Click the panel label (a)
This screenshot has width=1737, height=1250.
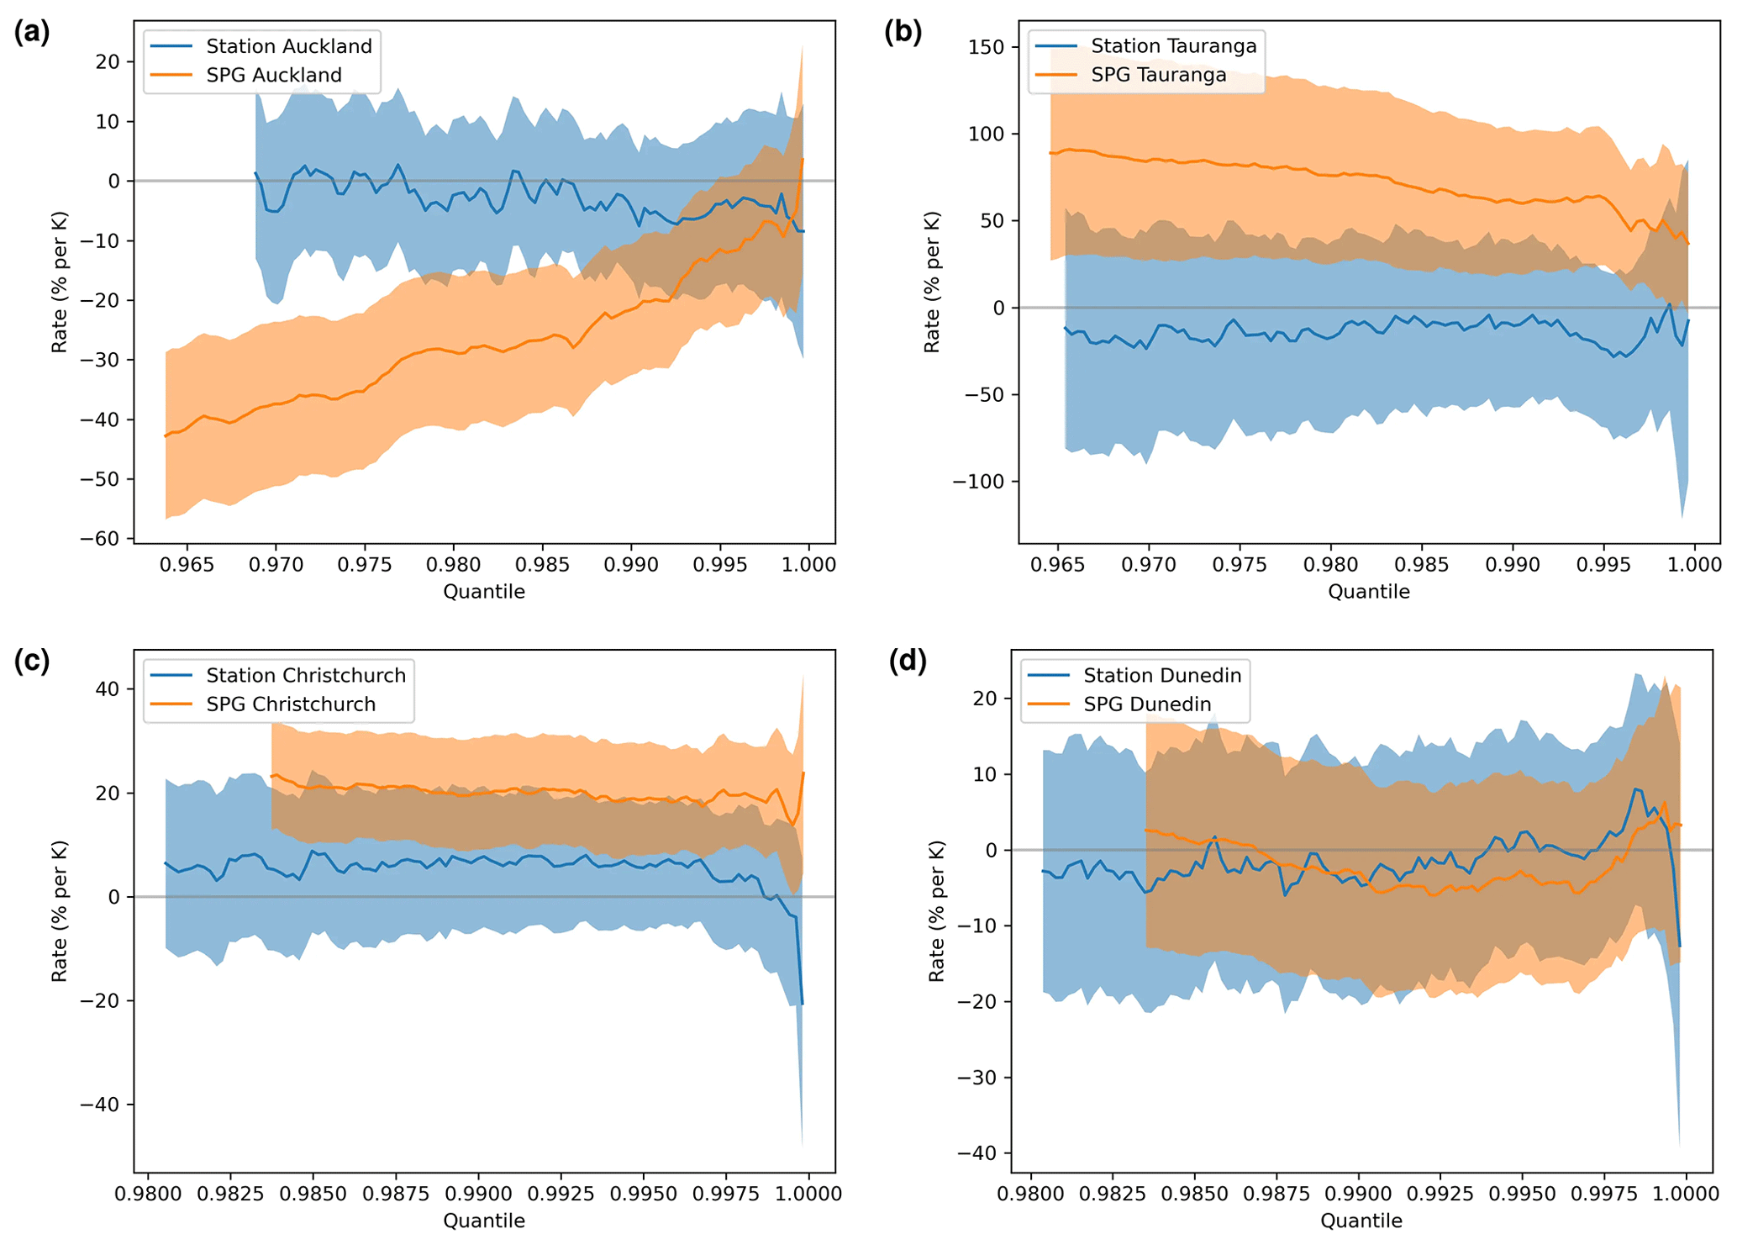(x=32, y=32)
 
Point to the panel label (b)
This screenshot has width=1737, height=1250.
(x=903, y=32)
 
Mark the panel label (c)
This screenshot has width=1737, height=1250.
(x=32, y=661)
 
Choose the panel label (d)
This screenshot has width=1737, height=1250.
(x=908, y=661)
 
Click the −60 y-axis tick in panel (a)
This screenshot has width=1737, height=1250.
(x=100, y=539)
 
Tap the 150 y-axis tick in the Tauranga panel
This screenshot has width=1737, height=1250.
(x=986, y=47)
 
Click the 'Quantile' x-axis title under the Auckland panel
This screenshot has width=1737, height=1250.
(x=484, y=592)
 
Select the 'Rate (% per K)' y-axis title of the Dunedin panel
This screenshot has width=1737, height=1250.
(x=936, y=911)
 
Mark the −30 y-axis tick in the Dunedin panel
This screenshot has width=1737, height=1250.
(x=977, y=1078)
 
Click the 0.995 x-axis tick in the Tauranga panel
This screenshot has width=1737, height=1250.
(x=1603, y=564)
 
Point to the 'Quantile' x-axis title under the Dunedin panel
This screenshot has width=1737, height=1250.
(x=1361, y=1221)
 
